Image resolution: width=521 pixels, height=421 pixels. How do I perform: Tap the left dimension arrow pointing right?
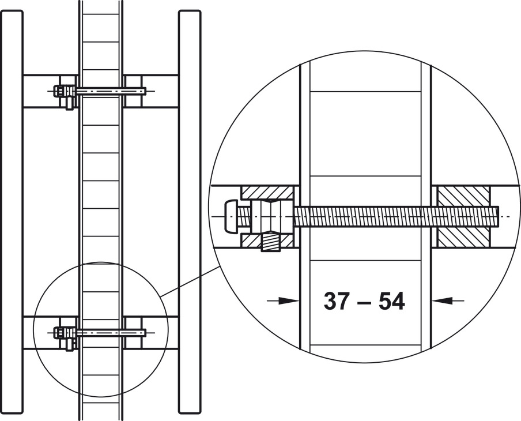(283, 300)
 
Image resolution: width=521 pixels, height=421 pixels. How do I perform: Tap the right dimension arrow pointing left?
(448, 300)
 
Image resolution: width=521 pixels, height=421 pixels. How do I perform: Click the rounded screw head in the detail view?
(232, 216)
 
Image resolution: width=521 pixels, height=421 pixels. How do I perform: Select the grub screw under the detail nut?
(270, 242)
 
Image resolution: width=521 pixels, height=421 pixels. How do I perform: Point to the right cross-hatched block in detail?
(463, 217)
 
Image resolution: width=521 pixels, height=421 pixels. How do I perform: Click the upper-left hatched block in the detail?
(267, 193)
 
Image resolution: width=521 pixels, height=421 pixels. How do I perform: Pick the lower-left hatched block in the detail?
(267, 240)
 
